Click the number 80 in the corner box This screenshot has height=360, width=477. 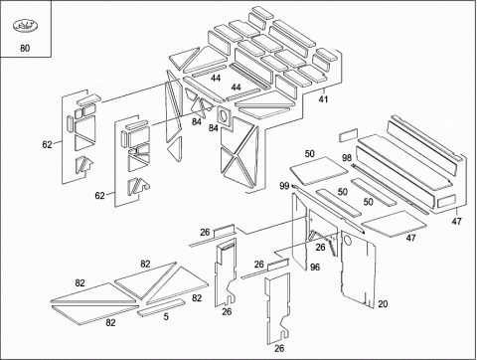(x=25, y=49)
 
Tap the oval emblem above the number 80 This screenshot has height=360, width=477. (x=25, y=26)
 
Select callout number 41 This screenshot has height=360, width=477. (x=323, y=99)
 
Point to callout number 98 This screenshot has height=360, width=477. (x=347, y=158)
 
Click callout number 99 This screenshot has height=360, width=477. (x=284, y=186)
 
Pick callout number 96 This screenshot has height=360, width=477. (x=315, y=267)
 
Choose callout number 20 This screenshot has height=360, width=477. (x=383, y=303)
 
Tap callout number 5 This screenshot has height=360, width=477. (x=166, y=317)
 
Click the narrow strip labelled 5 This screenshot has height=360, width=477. (x=161, y=307)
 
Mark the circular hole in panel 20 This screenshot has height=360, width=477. (x=348, y=241)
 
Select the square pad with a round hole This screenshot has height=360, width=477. (x=225, y=116)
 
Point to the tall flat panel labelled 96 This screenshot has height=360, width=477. (x=299, y=232)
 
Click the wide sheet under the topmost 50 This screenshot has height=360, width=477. (x=319, y=171)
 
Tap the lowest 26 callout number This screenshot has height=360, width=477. (x=279, y=348)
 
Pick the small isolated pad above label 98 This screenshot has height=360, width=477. (x=349, y=135)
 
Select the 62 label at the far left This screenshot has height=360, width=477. (x=47, y=144)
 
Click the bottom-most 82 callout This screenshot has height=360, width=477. (x=110, y=322)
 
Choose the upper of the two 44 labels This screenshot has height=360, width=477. (x=216, y=79)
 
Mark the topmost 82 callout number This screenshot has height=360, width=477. (x=145, y=264)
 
